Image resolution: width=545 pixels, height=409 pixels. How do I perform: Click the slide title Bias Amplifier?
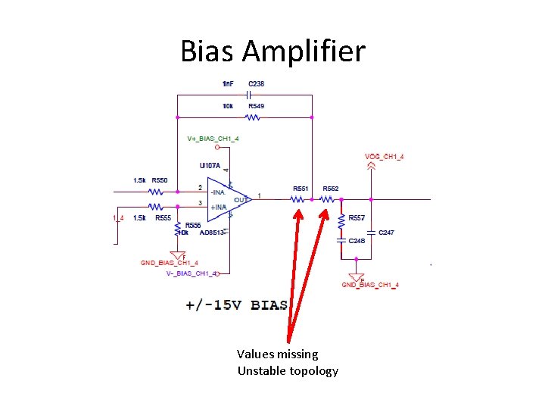pos(272,52)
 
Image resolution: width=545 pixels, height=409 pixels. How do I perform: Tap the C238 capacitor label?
pos(256,83)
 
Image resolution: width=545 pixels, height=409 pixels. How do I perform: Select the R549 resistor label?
pos(256,107)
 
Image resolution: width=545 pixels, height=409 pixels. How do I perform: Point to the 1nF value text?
pos(228,83)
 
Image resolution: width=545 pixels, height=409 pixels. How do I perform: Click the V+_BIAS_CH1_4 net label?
pos(213,139)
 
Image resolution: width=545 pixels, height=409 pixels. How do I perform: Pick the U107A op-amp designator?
pos(210,166)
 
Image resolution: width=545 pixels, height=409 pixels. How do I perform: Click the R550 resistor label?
pos(159,180)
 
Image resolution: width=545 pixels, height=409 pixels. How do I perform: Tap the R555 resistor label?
pos(162,218)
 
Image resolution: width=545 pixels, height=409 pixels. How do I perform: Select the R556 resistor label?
pos(193,225)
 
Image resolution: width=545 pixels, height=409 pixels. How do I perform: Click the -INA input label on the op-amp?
pos(218,192)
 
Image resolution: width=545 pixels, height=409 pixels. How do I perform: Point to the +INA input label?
pos(218,207)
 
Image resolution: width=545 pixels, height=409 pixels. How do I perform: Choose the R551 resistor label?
pos(301,189)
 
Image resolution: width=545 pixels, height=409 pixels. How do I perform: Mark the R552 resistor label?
pos(331,189)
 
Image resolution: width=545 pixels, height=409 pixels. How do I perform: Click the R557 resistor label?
pos(357,218)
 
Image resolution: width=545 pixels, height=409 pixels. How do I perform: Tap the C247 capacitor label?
pos(386,233)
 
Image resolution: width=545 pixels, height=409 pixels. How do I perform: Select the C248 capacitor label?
pos(357,240)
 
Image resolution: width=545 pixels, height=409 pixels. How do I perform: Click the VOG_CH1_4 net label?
pos(384,157)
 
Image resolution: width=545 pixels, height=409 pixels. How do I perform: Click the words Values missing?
pos(277,354)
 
